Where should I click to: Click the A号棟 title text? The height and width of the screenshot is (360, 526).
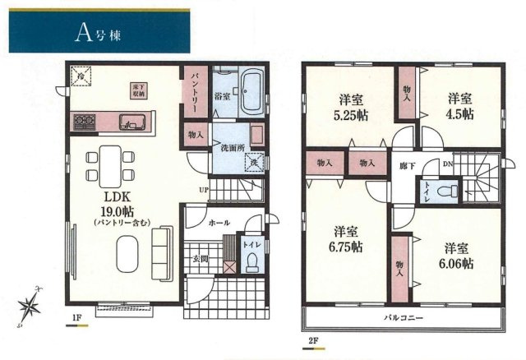pyautogui.click(x=97, y=32)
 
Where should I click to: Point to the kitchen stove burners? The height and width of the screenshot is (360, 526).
pyautogui.click(x=84, y=123)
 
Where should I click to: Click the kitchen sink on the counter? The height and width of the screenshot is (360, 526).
pyautogui.click(x=132, y=123)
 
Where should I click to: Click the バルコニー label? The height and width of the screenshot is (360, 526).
pyautogui.click(x=402, y=316)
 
